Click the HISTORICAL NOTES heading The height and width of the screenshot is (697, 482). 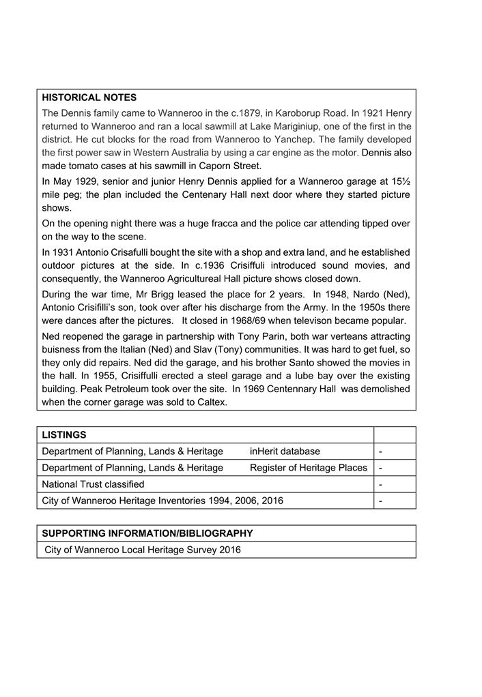tap(89, 98)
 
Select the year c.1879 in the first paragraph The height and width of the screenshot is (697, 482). tap(234, 113)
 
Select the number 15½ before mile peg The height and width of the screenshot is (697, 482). tap(399, 181)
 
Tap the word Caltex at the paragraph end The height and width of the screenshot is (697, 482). tap(212, 402)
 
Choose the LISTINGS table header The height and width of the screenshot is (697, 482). tap(64, 434)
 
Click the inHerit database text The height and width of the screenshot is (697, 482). tap(285, 451)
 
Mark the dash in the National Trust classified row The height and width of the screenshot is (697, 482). tap(380, 484)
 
